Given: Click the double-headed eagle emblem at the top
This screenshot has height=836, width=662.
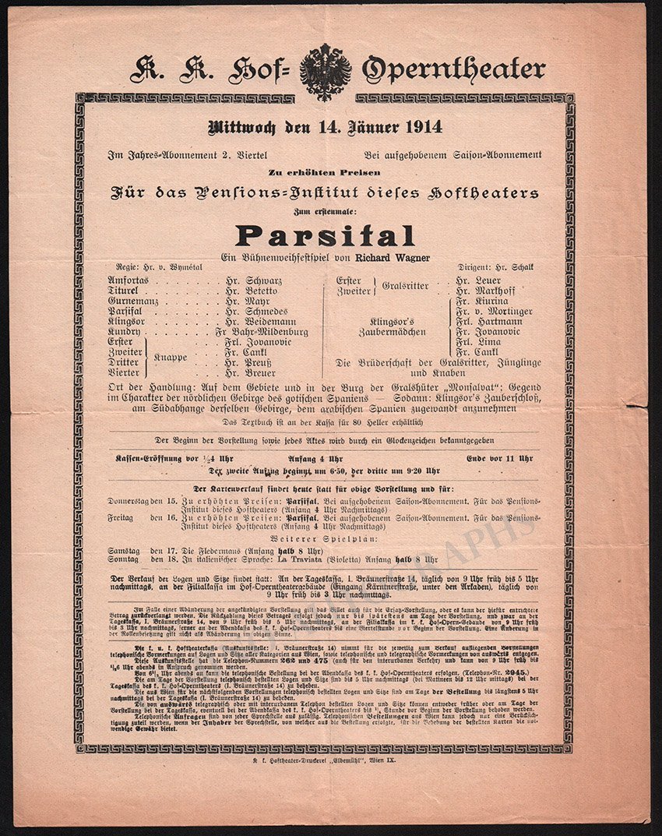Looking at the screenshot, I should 325,71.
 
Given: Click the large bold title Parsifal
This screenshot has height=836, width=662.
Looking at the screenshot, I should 325,235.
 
